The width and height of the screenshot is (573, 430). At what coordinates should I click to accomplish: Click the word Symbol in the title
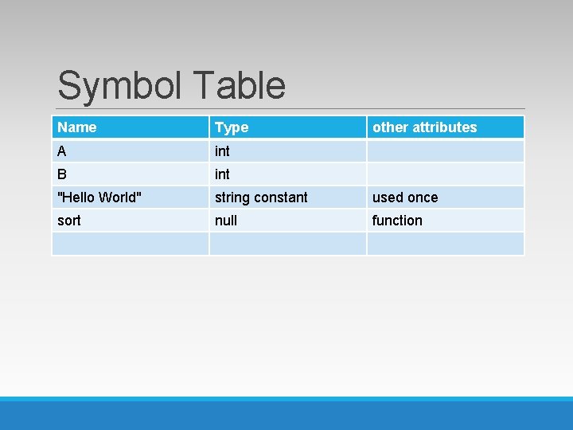click(x=119, y=86)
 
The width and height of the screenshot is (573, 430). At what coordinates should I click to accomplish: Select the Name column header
click(x=77, y=127)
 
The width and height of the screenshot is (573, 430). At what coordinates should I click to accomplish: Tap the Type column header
click(x=232, y=127)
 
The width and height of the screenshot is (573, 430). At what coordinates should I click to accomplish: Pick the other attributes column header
click(x=425, y=127)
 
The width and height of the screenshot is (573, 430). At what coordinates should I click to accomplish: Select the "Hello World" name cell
click(x=100, y=197)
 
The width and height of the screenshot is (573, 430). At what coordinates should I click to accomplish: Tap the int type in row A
click(x=222, y=150)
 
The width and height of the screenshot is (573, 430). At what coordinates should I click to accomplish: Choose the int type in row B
click(x=222, y=174)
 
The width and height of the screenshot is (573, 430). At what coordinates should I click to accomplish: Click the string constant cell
click(x=261, y=197)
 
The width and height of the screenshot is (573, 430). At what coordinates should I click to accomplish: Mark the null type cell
click(x=226, y=221)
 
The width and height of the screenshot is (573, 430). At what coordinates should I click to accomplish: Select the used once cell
click(x=405, y=197)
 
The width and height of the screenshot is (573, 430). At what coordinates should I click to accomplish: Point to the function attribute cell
click(x=397, y=221)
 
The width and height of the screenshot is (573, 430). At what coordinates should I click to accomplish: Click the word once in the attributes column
click(x=422, y=197)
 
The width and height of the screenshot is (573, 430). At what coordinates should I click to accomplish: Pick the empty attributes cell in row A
click(x=445, y=150)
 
